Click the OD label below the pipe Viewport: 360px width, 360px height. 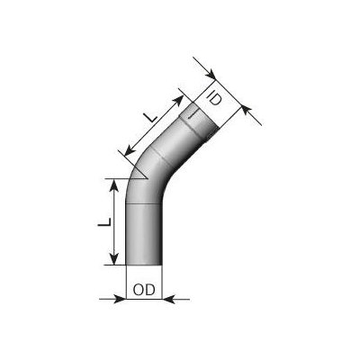[x=144, y=291]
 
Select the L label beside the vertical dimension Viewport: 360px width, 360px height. [x=104, y=222]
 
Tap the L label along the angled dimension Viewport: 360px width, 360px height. [x=151, y=116]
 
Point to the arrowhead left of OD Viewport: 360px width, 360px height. [x=121, y=299]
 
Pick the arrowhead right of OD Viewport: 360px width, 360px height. [x=168, y=299]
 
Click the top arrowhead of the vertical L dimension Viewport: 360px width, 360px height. [x=113, y=185]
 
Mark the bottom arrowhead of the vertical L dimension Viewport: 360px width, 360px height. [x=113, y=259]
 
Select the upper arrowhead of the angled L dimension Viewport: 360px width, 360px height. [x=178, y=101]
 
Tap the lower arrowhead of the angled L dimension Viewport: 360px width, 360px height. [x=130, y=150]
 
